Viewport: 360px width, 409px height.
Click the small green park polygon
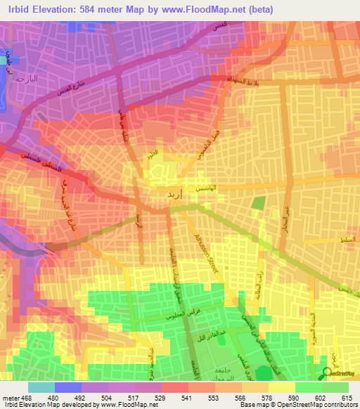[x=258, y=203]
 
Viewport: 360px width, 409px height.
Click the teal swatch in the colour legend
[x=41, y=387]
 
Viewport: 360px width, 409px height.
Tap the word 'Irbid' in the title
[x=16, y=9]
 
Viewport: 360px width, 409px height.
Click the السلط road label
[x=344, y=241]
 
